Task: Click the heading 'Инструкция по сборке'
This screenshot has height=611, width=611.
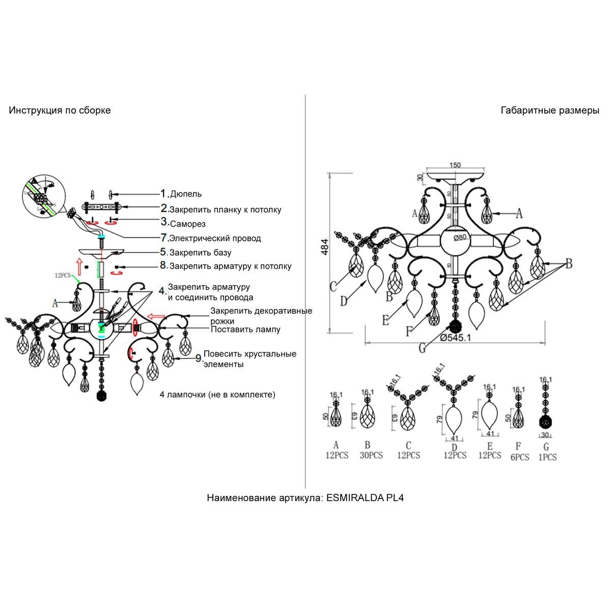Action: [x=60, y=110]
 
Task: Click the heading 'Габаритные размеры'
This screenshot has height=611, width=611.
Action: [x=550, y=110]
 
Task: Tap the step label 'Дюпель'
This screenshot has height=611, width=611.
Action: [x=186, y=194]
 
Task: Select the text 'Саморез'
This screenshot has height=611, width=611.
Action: [x=187, y=224]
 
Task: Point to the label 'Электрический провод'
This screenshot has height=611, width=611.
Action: [x=215, y=238]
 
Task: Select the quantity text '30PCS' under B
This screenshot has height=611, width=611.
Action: [x=371, y=455]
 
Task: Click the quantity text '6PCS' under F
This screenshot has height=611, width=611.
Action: [x=519, y=457]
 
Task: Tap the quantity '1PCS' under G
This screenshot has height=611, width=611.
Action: [x=547, y=457]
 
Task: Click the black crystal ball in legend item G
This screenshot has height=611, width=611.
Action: [x=546, y=422]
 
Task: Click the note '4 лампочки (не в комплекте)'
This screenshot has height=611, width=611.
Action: [x=217, y=394]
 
